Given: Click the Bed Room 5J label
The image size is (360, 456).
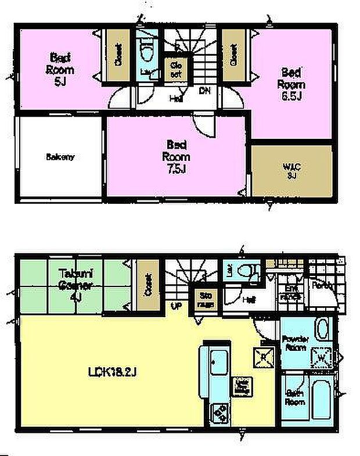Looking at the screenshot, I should click(60, 69).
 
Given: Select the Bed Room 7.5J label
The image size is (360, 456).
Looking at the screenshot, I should click(175, 156).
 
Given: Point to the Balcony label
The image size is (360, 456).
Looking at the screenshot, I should click(60, 157).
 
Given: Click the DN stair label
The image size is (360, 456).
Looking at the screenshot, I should click(204, 90).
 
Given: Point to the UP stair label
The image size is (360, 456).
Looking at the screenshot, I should click(174, 306).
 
